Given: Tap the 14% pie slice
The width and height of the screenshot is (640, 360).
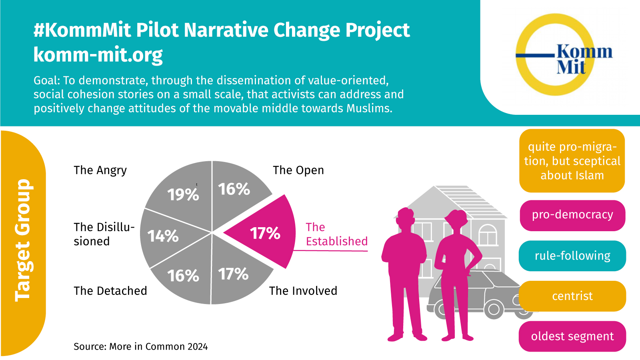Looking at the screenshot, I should [x=162, y=236].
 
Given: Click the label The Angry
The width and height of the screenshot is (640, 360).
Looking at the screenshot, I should [x=100, y=170].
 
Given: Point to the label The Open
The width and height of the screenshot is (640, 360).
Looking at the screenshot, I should [x=298, y=170].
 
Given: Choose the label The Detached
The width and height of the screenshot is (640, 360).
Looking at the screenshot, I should [x=110, y=291].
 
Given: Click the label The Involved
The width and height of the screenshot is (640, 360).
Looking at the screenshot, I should [x=303, y=291].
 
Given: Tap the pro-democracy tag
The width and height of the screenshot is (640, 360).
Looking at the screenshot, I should [x=572, y=215].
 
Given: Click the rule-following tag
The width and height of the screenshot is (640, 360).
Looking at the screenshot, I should [x=572, y=256].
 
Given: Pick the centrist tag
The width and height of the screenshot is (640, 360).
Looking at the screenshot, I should [x=572, y=296].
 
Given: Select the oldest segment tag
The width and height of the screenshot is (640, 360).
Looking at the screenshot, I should [x=572, y=336].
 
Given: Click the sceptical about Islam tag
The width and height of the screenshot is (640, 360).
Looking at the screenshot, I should [x=572, y=161].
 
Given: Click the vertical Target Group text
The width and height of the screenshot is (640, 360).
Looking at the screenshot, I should [x=23, y=240].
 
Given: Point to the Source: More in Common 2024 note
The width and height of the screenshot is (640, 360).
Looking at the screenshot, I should [x=140, y=346].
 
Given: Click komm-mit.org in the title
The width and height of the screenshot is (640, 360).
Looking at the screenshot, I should [x=98, y=55].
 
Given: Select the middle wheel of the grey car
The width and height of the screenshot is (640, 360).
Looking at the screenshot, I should [x=494, y=309].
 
